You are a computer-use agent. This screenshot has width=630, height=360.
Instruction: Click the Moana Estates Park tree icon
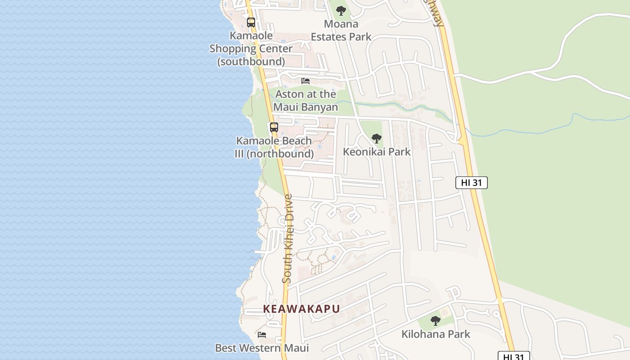341,10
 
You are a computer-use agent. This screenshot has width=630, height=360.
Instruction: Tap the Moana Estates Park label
341,30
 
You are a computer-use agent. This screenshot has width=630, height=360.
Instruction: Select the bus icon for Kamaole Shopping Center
251,22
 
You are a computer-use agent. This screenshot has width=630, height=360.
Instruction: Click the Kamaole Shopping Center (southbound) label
251,48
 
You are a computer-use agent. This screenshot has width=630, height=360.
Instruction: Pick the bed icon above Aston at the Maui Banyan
306,81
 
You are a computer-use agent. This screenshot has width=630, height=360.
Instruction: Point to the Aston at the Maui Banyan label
306,100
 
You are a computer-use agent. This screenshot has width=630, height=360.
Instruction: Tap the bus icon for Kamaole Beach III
274,127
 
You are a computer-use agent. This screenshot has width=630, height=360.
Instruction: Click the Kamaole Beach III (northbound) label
274,147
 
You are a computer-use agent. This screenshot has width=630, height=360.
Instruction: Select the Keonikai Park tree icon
377,139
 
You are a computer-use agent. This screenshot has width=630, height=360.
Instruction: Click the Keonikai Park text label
377,152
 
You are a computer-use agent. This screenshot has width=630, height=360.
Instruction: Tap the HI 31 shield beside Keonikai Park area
472,182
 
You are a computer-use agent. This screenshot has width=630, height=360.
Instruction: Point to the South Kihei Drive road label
288,238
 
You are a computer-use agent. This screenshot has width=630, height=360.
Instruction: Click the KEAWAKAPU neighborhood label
301,309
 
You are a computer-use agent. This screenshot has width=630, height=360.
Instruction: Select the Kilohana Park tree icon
435,321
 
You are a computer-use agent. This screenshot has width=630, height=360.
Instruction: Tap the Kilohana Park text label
436,334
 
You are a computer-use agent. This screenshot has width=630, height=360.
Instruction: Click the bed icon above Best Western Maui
262,334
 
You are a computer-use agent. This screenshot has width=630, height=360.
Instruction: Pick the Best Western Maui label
262,348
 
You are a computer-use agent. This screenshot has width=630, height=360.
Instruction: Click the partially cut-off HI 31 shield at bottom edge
513,356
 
